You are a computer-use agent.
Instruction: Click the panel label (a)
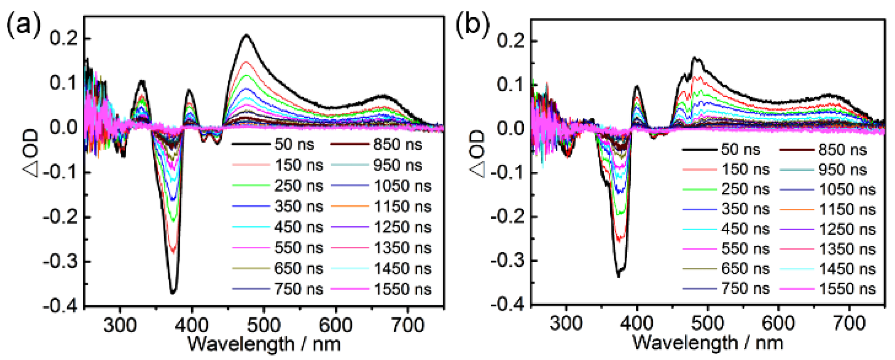(23, 24)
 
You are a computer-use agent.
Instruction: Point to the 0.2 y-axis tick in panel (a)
(63, 38)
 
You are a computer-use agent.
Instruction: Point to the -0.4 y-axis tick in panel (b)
(508, 305)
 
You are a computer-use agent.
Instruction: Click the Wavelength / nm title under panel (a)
(264, 344)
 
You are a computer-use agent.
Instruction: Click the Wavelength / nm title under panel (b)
(708, 342)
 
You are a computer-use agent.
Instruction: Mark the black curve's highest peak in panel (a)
(246, 35)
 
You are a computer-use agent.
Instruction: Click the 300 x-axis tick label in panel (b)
(566, 323)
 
